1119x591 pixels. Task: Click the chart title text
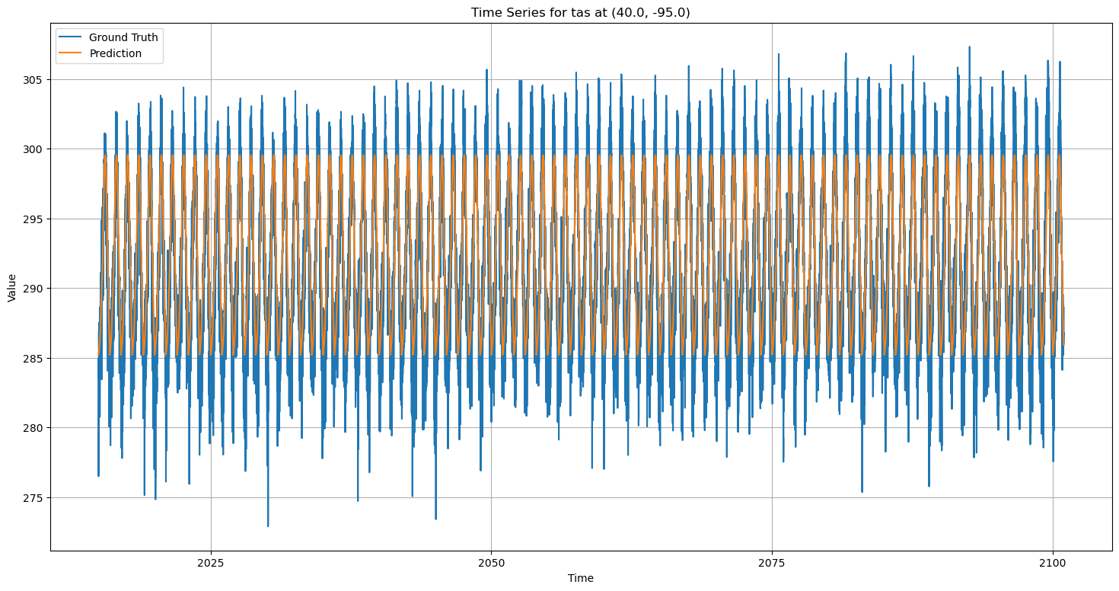(x=580, y=12)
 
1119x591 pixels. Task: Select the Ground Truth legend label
(x=123, y=37)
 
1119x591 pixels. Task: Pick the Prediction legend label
(x=115, y=54)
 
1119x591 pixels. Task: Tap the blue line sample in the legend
(x=72, y=37)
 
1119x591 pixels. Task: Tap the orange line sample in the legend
(x=72, y=54)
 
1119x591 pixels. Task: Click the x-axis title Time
(x=580, y=579)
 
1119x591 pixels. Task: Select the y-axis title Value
(x=11, y=288)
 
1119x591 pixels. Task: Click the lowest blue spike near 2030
(x=268, y=525)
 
